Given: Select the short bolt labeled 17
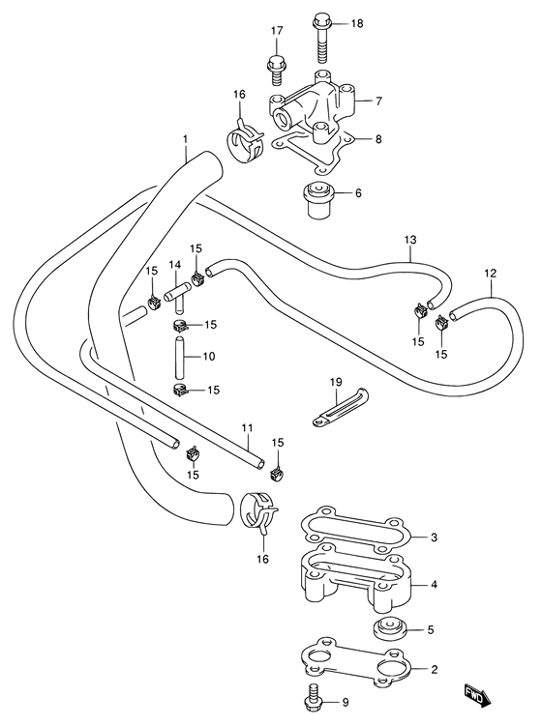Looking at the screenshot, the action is pos(277,71).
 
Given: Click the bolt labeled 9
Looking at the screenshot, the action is pos(316,702).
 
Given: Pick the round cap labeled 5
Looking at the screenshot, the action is pos(390,630).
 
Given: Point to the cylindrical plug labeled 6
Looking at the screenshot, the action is pos(320,200).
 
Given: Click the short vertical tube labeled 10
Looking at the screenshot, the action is pos(180,359).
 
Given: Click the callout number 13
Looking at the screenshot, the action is pos(410,240).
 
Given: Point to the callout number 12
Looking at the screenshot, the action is pos(490,274).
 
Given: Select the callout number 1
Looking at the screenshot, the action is pos(186,138).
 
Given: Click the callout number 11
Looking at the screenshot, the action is pos(247,428).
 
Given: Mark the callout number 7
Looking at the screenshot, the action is pos(378,101).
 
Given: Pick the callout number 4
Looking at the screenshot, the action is pos(434,585).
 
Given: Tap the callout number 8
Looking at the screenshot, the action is pos(378,138).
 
